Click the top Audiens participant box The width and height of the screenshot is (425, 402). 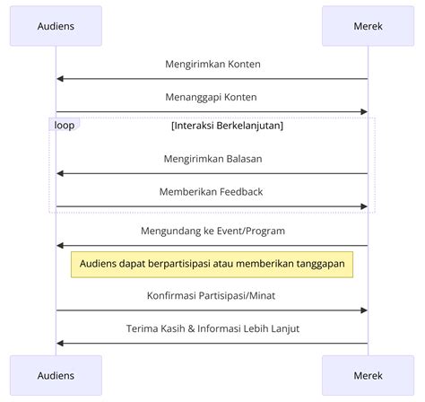[56, 26]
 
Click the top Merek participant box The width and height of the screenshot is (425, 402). [368, 26]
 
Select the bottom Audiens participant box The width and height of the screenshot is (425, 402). [56, 375]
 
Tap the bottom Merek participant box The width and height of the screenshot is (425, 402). [368, 375]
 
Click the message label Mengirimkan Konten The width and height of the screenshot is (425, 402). [212, 65]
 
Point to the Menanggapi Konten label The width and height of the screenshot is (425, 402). [211, 97]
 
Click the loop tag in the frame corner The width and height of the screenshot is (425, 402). [65, 125]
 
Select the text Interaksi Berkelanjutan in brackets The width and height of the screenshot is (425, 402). [227, 126]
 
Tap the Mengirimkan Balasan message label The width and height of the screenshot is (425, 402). [212, 159]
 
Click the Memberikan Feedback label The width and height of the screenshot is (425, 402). [211, 192]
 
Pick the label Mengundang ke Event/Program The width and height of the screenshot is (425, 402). [212, 231]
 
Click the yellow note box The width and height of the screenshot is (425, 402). [212, 265]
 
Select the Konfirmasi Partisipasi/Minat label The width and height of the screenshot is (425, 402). [211, 295]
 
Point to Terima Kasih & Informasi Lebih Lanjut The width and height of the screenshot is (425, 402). [212, 328]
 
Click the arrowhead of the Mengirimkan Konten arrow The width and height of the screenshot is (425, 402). [60, 79]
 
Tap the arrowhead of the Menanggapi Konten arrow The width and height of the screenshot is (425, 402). [364, 112]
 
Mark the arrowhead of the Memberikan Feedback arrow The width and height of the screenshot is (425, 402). [364, 206]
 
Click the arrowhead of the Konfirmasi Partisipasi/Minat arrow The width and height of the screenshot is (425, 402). [364, 310]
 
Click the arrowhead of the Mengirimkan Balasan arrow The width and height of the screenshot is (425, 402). [60, 173]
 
